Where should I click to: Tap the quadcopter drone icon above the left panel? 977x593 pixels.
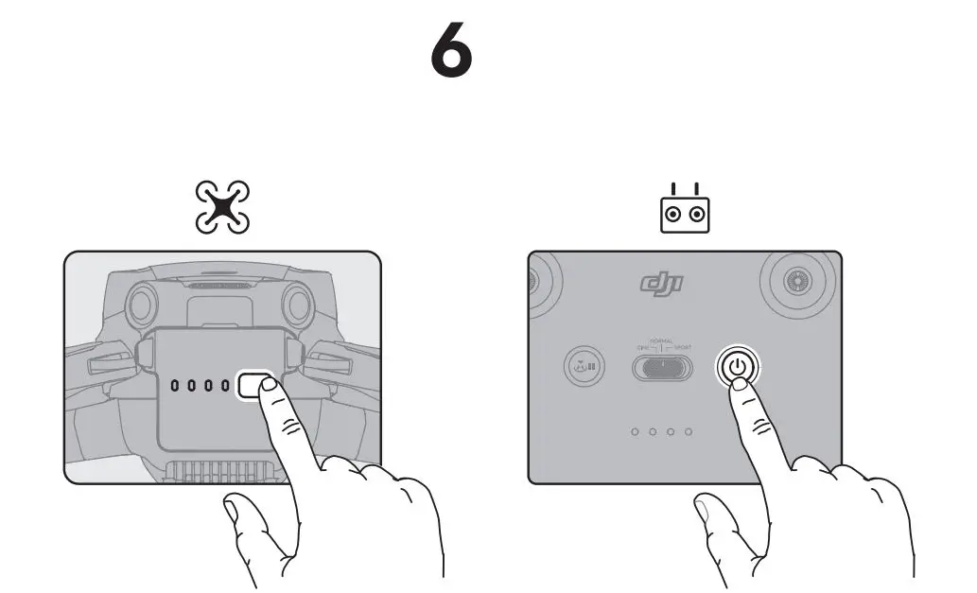[x=222, y=208]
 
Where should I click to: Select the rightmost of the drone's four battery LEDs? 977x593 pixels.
[x=225, y=386]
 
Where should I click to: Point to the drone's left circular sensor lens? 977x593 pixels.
[x=143, y=304]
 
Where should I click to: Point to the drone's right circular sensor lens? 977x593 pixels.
[x=297, y=304]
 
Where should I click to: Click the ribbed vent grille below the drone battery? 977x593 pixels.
[x=222, y=468]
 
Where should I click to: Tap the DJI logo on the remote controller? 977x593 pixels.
[x=662, y=282]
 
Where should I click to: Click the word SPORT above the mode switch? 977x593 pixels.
[x=683, y=348]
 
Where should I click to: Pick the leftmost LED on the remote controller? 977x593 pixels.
[x=636, y=432]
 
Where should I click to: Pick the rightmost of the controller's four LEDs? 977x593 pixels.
[x=689, y=432]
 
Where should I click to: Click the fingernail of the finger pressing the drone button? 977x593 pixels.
[x=269, y=384]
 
